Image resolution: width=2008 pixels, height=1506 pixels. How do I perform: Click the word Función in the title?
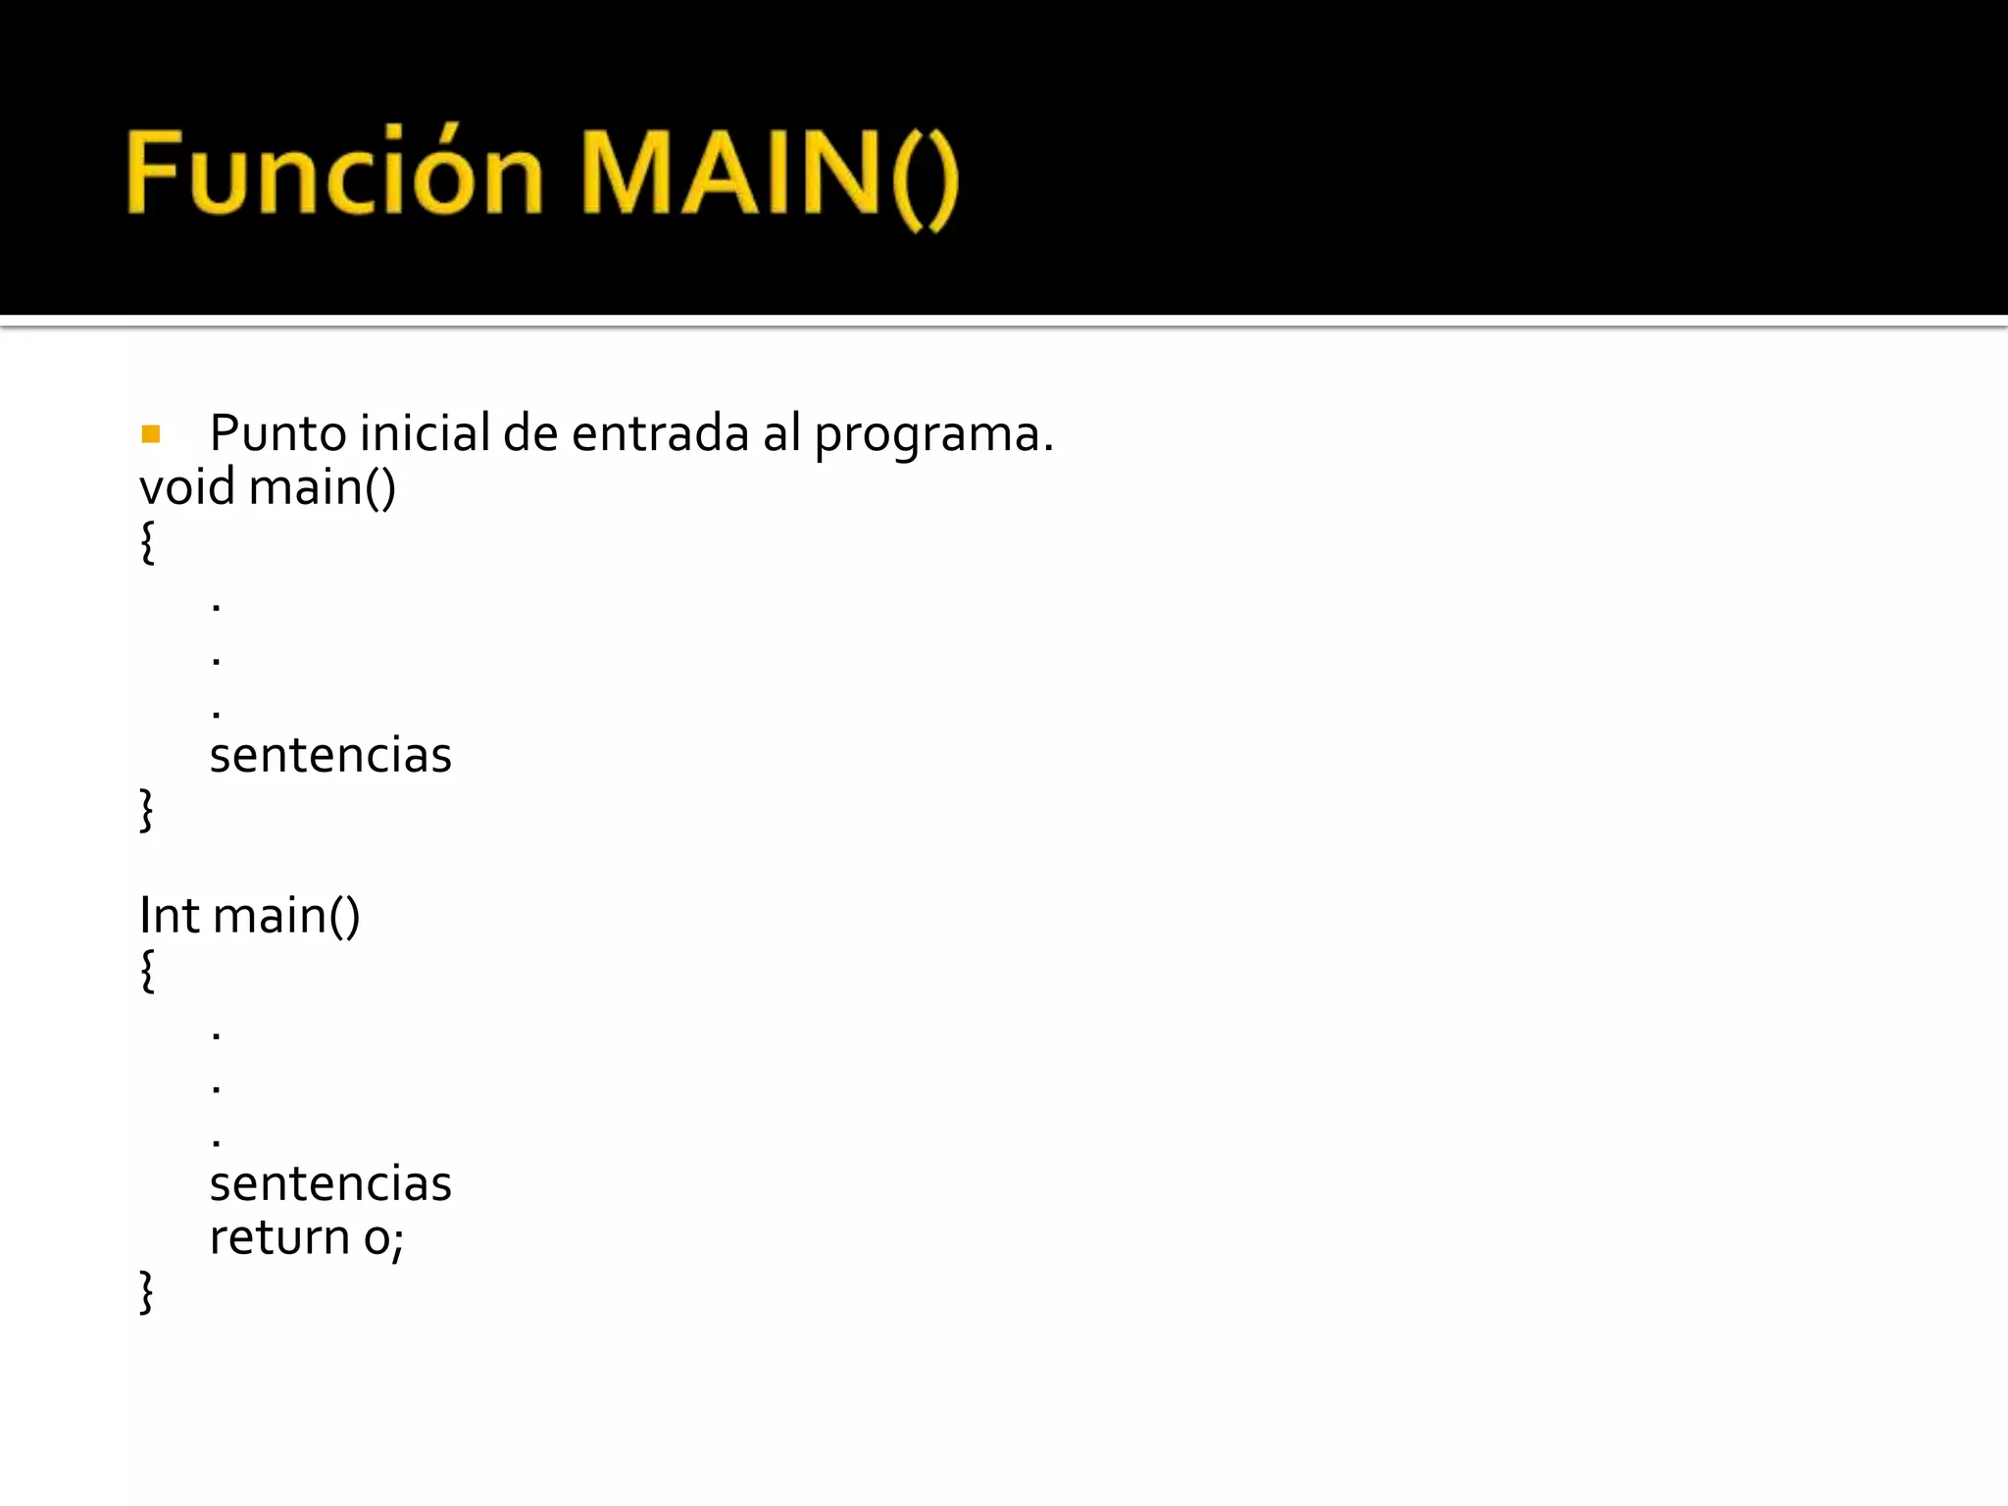coord(333,173)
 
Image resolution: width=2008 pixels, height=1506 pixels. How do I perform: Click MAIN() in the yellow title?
coord(769,175)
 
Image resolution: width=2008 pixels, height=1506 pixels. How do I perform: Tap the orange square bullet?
coord(150,433)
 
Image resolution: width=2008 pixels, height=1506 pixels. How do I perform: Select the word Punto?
coord(277,433)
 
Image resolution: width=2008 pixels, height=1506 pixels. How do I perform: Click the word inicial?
coord(424,433)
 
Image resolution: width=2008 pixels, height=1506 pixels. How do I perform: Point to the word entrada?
coord(659,433)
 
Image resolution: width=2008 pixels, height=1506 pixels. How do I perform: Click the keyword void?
coord(187,487)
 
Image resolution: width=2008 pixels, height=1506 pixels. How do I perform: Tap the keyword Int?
coord(169,915)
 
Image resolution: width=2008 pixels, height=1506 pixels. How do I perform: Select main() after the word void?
coord(322,487)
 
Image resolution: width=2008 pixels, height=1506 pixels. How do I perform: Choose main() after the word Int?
coord(286,916)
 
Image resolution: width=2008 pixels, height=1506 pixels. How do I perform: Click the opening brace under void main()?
coord(147,542)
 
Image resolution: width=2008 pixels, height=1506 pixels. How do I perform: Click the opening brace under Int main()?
coord(147,971)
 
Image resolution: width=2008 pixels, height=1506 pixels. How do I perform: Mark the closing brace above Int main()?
coord(147,810)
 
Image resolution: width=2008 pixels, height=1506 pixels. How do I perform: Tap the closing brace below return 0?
coord(147,1291)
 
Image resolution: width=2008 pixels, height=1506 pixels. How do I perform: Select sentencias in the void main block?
coord(330,755)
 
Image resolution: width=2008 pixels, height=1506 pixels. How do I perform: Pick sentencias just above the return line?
coord(330,1183)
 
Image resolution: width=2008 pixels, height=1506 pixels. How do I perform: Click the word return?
coord(278,1237)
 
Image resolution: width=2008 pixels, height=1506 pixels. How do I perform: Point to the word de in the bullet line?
coord(529,433)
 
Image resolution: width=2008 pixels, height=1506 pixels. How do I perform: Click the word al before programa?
coord(781,433)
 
